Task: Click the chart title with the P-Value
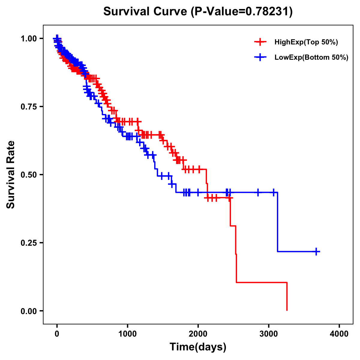pos(198,11)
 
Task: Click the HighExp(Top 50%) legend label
pos(306,42)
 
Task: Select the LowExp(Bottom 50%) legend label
pos(311,58)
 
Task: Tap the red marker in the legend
pos(260,42)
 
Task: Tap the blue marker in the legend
pos(260,57)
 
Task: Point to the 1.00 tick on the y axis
pos(28,38)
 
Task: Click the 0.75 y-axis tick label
pos(28,106)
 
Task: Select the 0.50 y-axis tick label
pos(28,175)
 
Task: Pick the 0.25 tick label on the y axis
pos(28,243)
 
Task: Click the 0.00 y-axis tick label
pos(28,311)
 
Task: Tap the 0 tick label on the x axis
pos(57,334)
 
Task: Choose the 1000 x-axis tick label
pos(127,334)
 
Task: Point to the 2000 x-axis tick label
pos(198,334)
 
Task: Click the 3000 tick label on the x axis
pos(269,334)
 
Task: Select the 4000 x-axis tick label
pos(339,334)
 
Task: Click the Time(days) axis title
pos(198,347)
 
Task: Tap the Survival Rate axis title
pos(11,175)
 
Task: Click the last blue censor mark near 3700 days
pos(316,251)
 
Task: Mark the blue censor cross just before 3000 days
pos(258,192)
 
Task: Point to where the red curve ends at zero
pos(287,310)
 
